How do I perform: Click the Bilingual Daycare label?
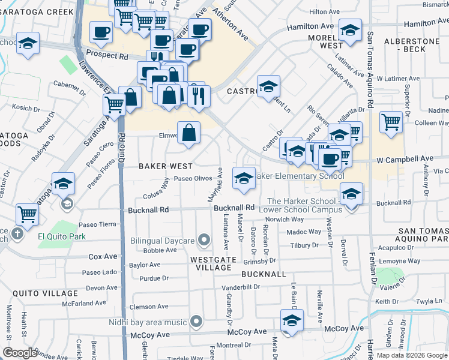[163, 241]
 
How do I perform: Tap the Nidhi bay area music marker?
[195, 322]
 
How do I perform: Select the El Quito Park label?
[62, 236]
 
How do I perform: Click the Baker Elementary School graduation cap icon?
[243, 178]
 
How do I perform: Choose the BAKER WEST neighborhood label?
[166, 166]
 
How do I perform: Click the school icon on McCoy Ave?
[292, 320]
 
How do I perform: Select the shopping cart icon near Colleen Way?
[391, 122]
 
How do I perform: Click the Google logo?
[20, 353]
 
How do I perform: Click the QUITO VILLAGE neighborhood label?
[41, 293]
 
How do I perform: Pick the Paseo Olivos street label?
[193, 179]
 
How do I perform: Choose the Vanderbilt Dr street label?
[240, 287]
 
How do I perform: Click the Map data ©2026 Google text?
[411, 355]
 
